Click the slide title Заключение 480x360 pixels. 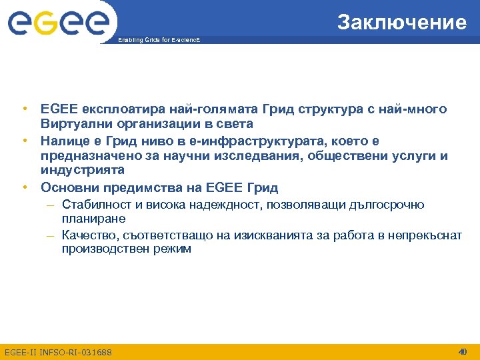tap(401, 23)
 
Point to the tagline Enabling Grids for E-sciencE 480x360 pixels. tap(159, 41)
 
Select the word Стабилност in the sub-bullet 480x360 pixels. tap(94, 205)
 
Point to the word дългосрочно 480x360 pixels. tap(387, 205)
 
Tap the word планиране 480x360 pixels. tap(94, 218)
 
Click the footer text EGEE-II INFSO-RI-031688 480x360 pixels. tap(59, 352)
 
